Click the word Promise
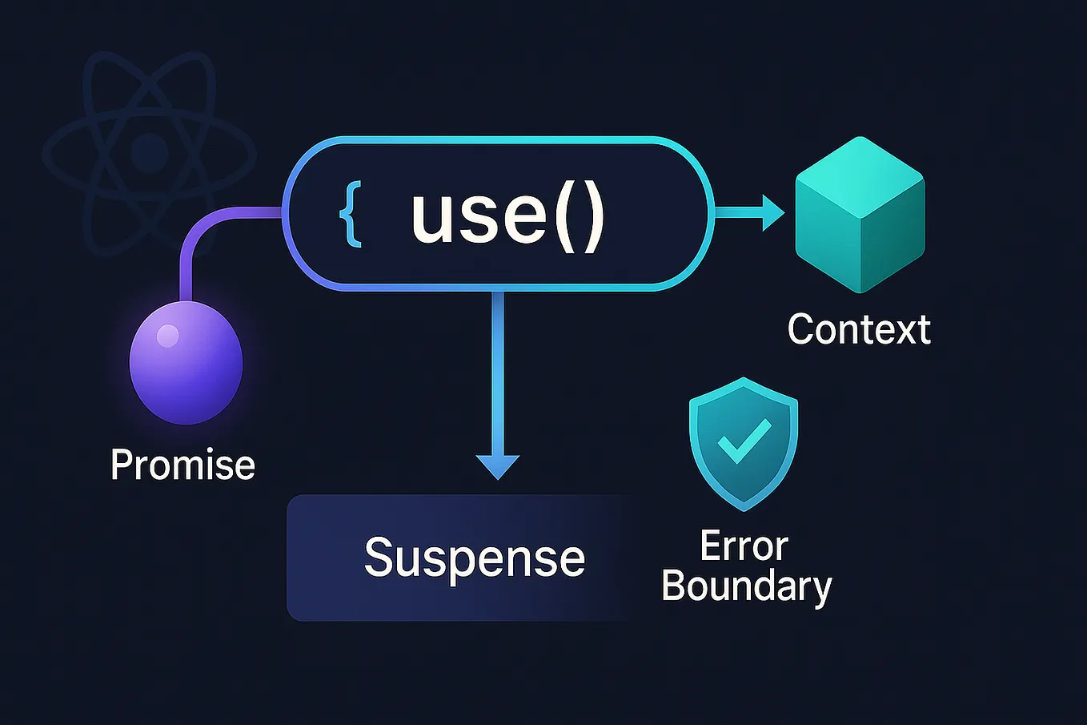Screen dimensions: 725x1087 [x=183, y=465]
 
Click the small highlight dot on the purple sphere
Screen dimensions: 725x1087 [x=167, y=336]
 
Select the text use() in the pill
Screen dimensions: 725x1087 [x=507, y=215]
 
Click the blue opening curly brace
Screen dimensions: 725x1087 [x=351, y=215]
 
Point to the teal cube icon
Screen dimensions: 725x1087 [x=860, y=215]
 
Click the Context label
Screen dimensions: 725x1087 [x=859, y=329]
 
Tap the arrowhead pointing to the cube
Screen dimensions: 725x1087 [x=772, y=213]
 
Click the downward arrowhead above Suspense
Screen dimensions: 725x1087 [x=498, y=466]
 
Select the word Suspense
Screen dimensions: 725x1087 [x=474, y=558]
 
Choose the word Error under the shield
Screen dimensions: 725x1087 [x=744, y=547]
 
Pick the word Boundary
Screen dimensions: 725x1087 [x=746, y=586]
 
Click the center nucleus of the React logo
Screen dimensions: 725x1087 [x=149, y=151]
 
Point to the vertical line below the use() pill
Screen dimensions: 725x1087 [x=498, y=369]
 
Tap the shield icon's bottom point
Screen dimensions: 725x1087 [x=744, y=508]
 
